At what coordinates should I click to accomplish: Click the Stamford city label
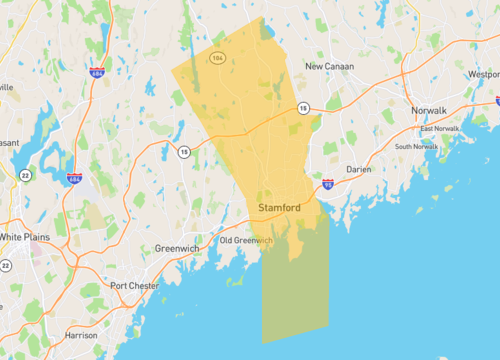click(x=279, y=207)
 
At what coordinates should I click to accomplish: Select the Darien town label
click(x=358, y=170)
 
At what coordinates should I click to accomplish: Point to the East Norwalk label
click(x=439, y=129)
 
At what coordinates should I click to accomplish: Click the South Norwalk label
click(x=416, y=147)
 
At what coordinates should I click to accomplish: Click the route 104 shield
click(x=217, y=58)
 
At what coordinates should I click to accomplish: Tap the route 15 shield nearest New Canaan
click(x=302, y=108)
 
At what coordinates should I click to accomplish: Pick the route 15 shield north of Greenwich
click(x=184, y=152)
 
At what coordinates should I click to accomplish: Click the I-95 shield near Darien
click(x=328, y=185)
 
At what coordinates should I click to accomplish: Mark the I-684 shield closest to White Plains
click(x=75, y=178)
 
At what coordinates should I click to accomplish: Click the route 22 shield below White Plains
click(x=5, y=265)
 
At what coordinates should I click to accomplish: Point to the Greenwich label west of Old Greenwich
click(x=178, y=248)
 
